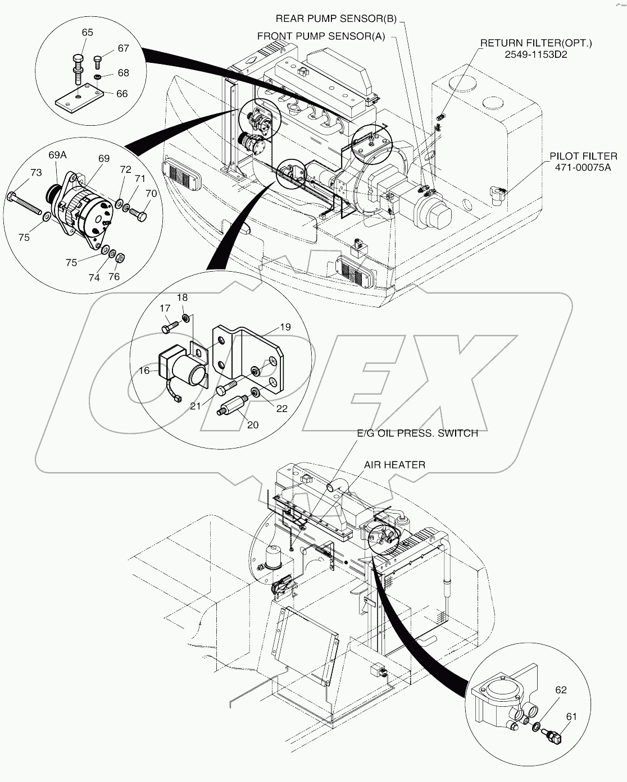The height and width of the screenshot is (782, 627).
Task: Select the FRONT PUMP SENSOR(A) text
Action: pyautogui.click(x=321, y=36)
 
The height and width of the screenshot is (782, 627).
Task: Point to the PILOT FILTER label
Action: pyautogui.click(x=584, y=156)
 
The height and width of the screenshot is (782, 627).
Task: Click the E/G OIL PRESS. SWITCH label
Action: pyautogui.click(x=417, y=433)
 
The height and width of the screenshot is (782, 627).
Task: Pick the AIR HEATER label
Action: pyautogui.click(x=394, y=464)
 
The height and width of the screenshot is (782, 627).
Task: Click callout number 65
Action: pyautogui.click(x=87, y=33)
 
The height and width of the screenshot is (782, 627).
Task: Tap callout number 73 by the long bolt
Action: pyautogui.click(x=35, y=172)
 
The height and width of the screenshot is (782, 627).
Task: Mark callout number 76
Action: pyautogui.click(x=113, y=277)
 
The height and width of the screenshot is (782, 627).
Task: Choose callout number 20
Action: pyautogui.click(x=253, y=425)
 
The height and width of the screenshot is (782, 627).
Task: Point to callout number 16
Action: pyautogui.click(x=144, y=371)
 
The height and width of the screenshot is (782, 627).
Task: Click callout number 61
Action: pyautogui.click(x=571, y=716)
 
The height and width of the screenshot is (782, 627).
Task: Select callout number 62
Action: pyautogui.click(x=561, y=690)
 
